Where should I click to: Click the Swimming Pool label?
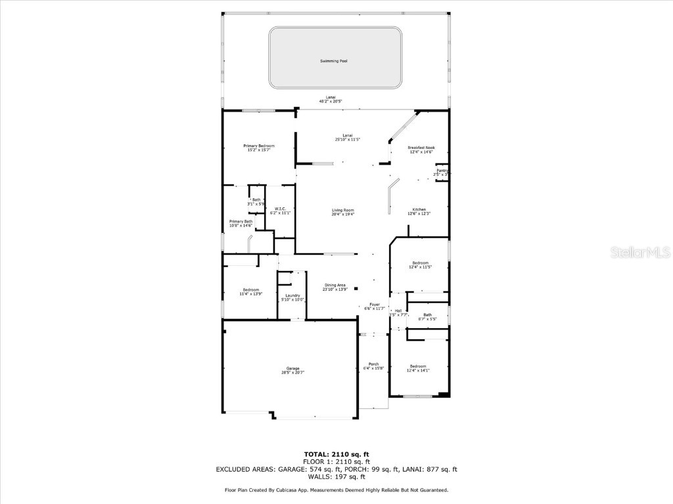tap(333, 61)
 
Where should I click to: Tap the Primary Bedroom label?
tap(258, 146)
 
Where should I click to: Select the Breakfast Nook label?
tap(421, 148)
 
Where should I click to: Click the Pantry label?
tap(442, 171)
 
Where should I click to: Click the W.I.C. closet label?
tap(280, 209)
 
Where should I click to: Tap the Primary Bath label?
tap(241, 222)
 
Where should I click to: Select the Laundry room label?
tap(292, 295)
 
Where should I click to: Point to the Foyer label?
tap(375, 304)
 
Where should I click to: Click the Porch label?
tap(373, 364)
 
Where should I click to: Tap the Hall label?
tap(398, 310)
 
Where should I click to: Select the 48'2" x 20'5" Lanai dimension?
tap(331, 101)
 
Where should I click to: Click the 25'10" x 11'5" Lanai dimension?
tap(348, 139)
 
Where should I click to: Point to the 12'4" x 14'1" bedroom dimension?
tap(419, 371)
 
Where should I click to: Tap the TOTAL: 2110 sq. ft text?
tap(336, 454)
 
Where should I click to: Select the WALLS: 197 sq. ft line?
tap(336, 476)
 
